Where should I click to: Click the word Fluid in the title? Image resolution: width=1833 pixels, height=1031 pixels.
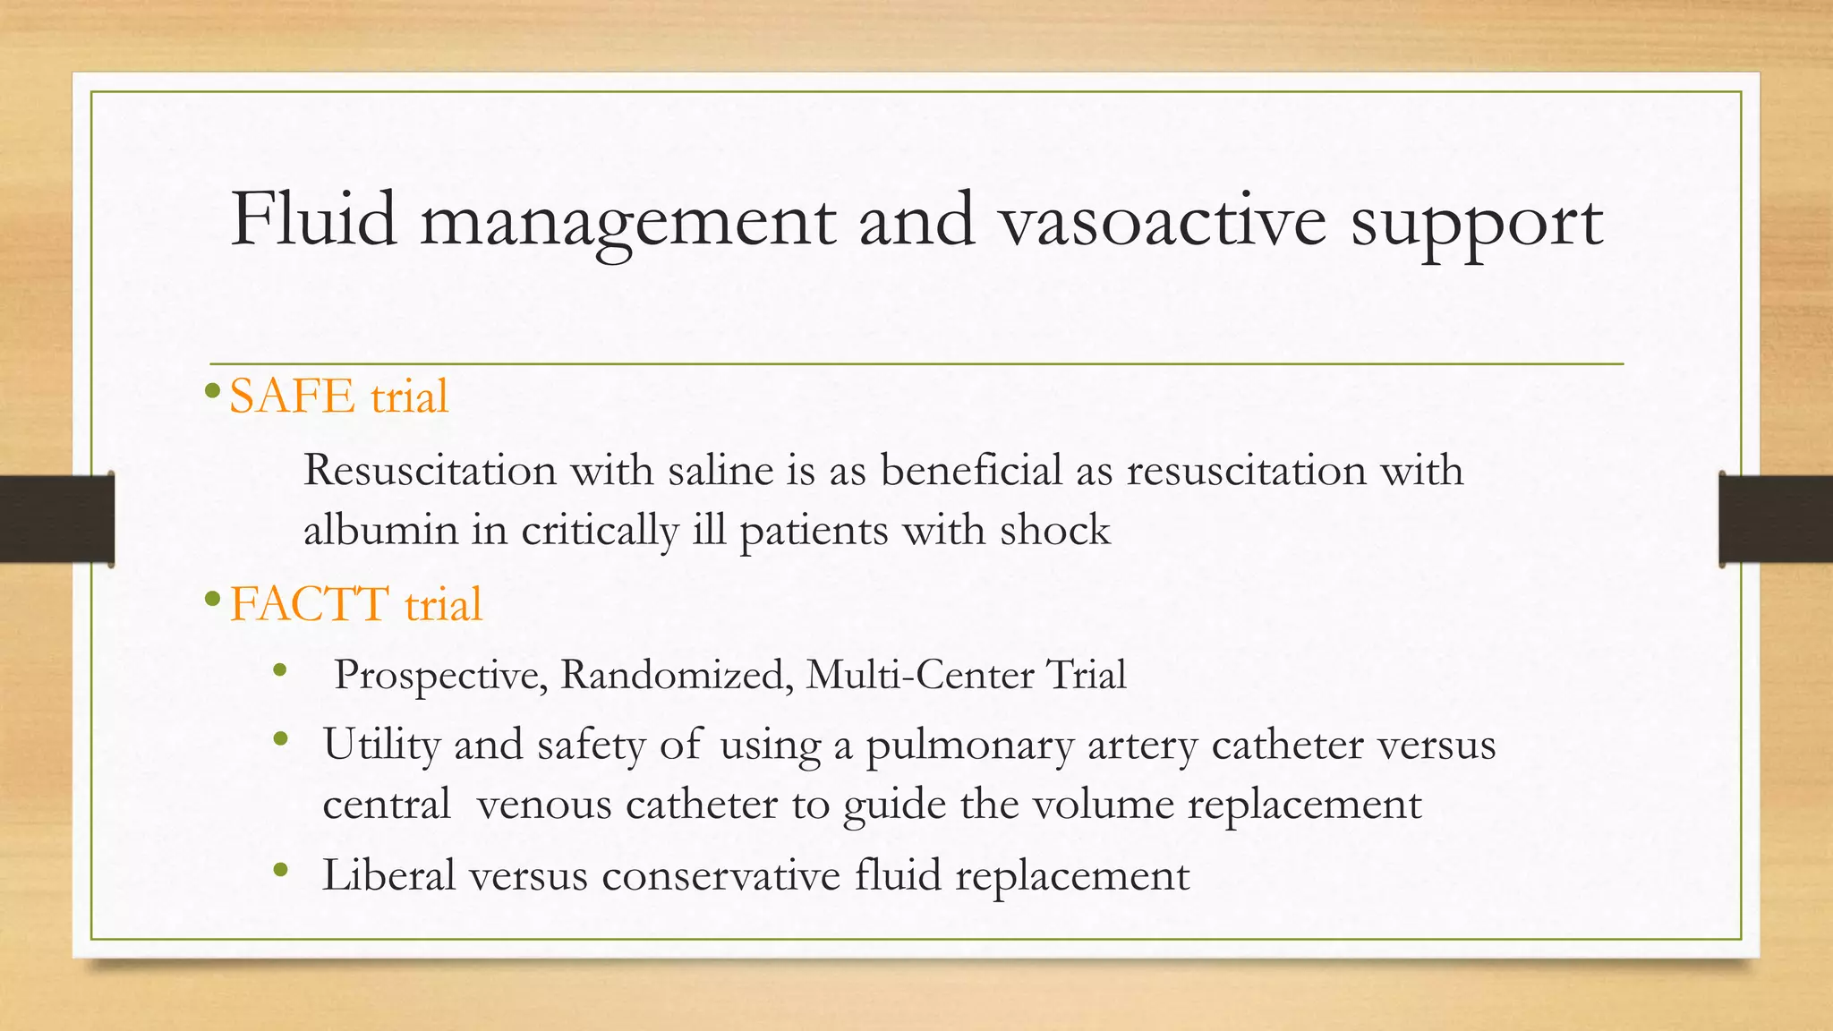313,219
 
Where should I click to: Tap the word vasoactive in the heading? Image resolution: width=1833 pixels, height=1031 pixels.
1162,221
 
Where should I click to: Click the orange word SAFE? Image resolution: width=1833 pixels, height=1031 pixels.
292,396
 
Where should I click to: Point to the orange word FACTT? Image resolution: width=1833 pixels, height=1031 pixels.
310,604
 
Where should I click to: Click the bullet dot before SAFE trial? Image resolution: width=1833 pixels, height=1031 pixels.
212,391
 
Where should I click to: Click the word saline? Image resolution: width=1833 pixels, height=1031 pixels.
720,471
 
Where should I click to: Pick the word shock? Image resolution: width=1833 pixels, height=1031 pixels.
1055,530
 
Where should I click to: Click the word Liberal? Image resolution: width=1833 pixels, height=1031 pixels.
389,874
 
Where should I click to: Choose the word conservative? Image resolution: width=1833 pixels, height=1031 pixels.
720,874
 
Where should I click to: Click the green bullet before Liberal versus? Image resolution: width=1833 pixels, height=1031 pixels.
281,870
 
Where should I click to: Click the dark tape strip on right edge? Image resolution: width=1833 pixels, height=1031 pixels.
1776,519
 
